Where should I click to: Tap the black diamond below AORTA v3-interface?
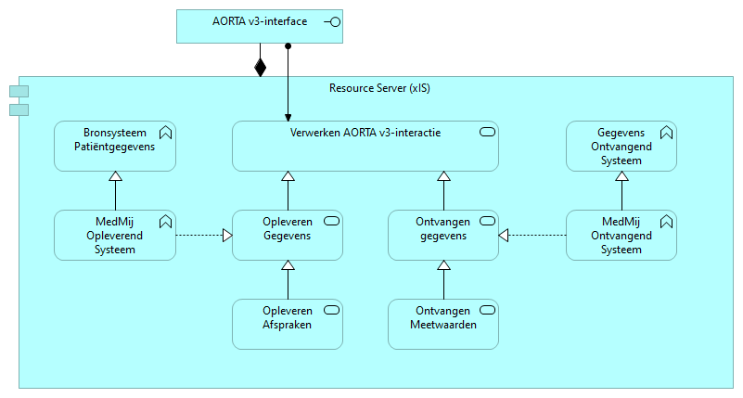(261, 67)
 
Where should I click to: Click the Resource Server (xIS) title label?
(379, 89)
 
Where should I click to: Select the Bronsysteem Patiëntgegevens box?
(114, 146)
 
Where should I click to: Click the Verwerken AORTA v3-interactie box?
(365, 146)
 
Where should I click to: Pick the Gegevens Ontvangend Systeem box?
(621, 146)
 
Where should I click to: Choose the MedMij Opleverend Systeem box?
(114, 235)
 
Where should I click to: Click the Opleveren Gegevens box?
(287, 235)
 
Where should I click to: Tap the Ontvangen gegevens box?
(442, 235)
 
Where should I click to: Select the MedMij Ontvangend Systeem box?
(621, 235)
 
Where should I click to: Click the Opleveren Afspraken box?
(287, 324)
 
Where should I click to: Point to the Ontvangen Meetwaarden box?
(442, 324)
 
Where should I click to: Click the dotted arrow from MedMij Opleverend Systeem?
(202, 236)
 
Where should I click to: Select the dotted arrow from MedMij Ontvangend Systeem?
(532, 236)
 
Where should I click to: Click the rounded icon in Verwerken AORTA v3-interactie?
(487, 133)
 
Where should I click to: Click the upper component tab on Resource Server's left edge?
(19, 91)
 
